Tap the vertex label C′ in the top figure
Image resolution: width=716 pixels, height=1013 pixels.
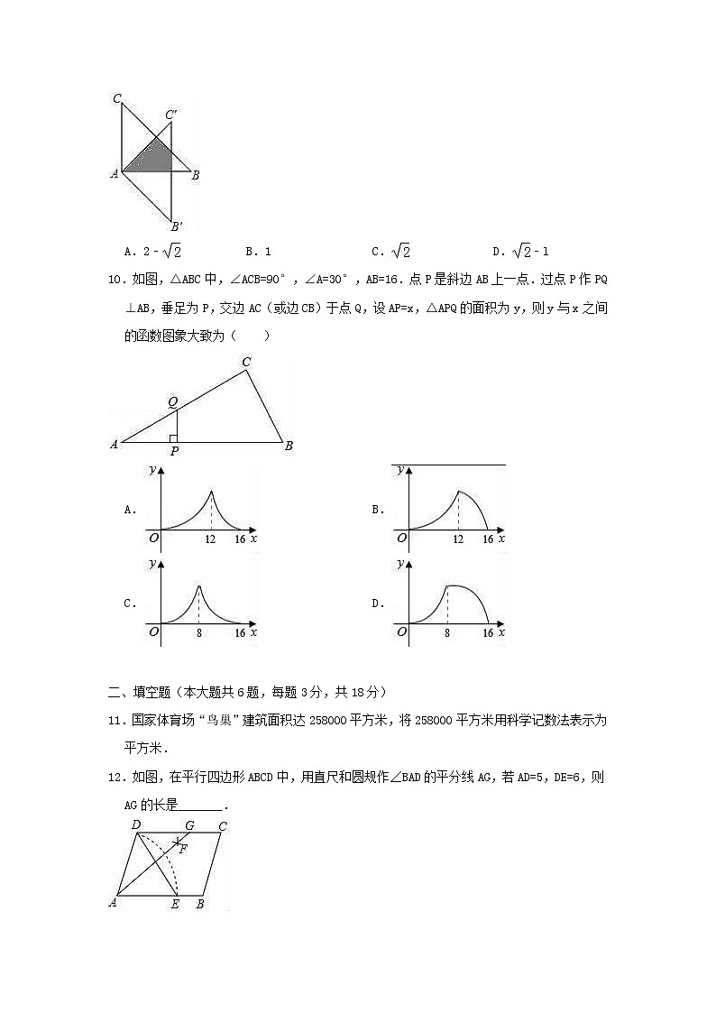click(171, 115)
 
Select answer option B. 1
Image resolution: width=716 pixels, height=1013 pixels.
click(258, 252)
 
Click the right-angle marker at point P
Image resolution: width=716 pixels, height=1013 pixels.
click(173, 438)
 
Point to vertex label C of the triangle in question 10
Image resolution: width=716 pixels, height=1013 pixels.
click(246, 363)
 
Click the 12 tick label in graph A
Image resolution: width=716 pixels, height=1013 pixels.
click(211, 539)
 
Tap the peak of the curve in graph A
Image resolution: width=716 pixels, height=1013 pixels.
click(211, 491)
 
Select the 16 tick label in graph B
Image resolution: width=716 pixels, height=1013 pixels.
click(488, 539)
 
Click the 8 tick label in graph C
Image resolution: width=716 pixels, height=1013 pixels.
click(198, 633)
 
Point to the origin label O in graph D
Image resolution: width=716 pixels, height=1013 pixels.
click(401, 632)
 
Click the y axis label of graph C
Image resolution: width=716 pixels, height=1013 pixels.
click(151, 564)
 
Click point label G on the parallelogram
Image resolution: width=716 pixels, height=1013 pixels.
click(189, 825)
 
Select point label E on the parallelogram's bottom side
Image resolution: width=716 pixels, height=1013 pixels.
click(175, 904)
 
